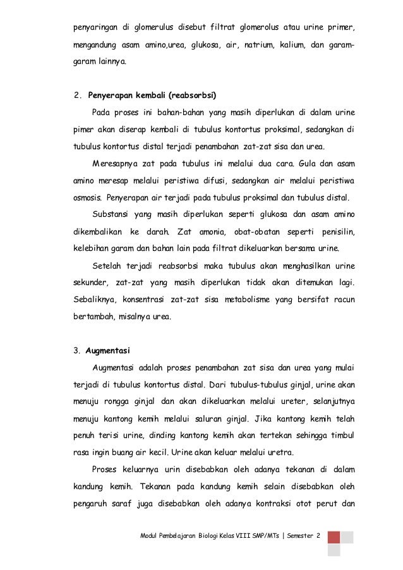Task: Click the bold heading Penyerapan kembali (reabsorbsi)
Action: point(153,96)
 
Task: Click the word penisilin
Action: point(338,231)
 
